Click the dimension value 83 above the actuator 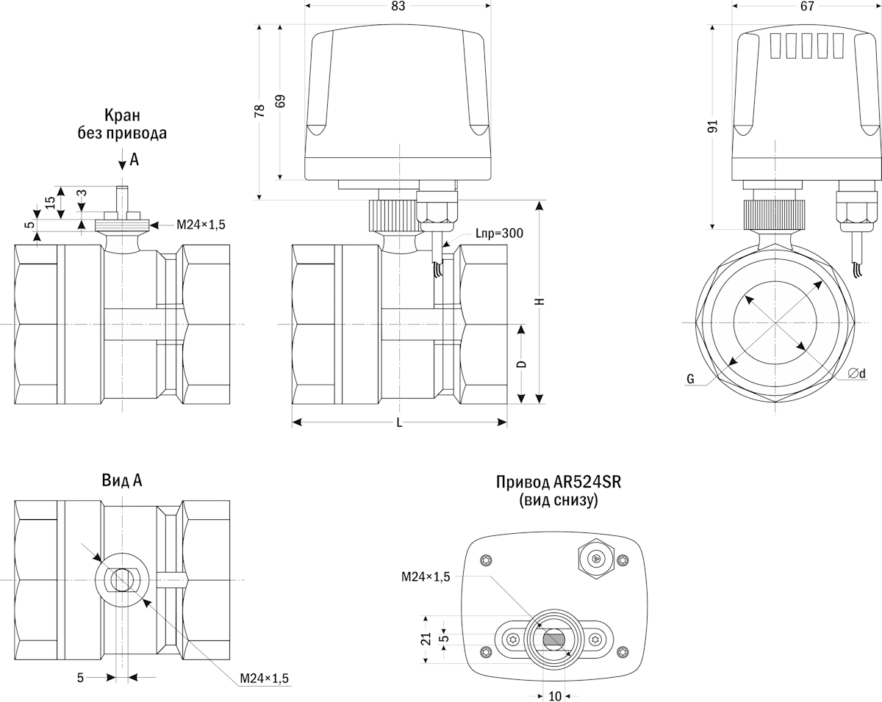pos(398,6)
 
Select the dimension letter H pos(539,301)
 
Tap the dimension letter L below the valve pos(399,423)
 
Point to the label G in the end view pos(690,380)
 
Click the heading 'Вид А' pos(122,480)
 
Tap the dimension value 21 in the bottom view pos(426,638)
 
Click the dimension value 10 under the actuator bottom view pos(555,695)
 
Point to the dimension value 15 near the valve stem pos(50,203)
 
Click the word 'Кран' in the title pos(122,115)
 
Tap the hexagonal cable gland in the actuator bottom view pos(596,558)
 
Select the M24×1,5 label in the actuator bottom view pos(426,577)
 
